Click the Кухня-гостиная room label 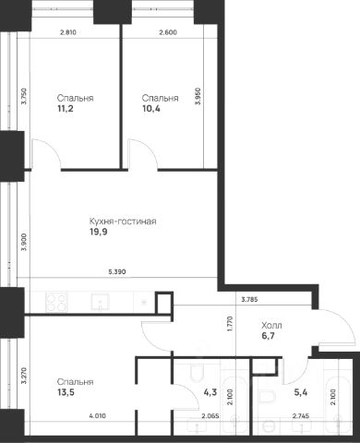[x=123, y=221]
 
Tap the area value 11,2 [x=66, y=109]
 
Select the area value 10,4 [x=151, y=109]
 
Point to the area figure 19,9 [x=99, y=232]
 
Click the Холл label [x=271, y=325]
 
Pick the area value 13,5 [x=66, y=392]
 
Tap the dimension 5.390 [x=117, y=272]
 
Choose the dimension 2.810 [x=67, y=32]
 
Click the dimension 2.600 [x=168, y=32]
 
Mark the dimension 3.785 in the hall [x=249, y=299]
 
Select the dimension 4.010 [x=97, y=416]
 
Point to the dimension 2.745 [x=300, y=416]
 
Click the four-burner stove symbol [x=56, y=302]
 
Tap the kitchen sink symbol [x=101, y=302]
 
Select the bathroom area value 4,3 [x=210, y=392]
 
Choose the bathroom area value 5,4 [x=301, y=392]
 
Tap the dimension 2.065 [x=210, y=416]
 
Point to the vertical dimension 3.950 [x=198, y=96]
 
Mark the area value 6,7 [x=269, y=336]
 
